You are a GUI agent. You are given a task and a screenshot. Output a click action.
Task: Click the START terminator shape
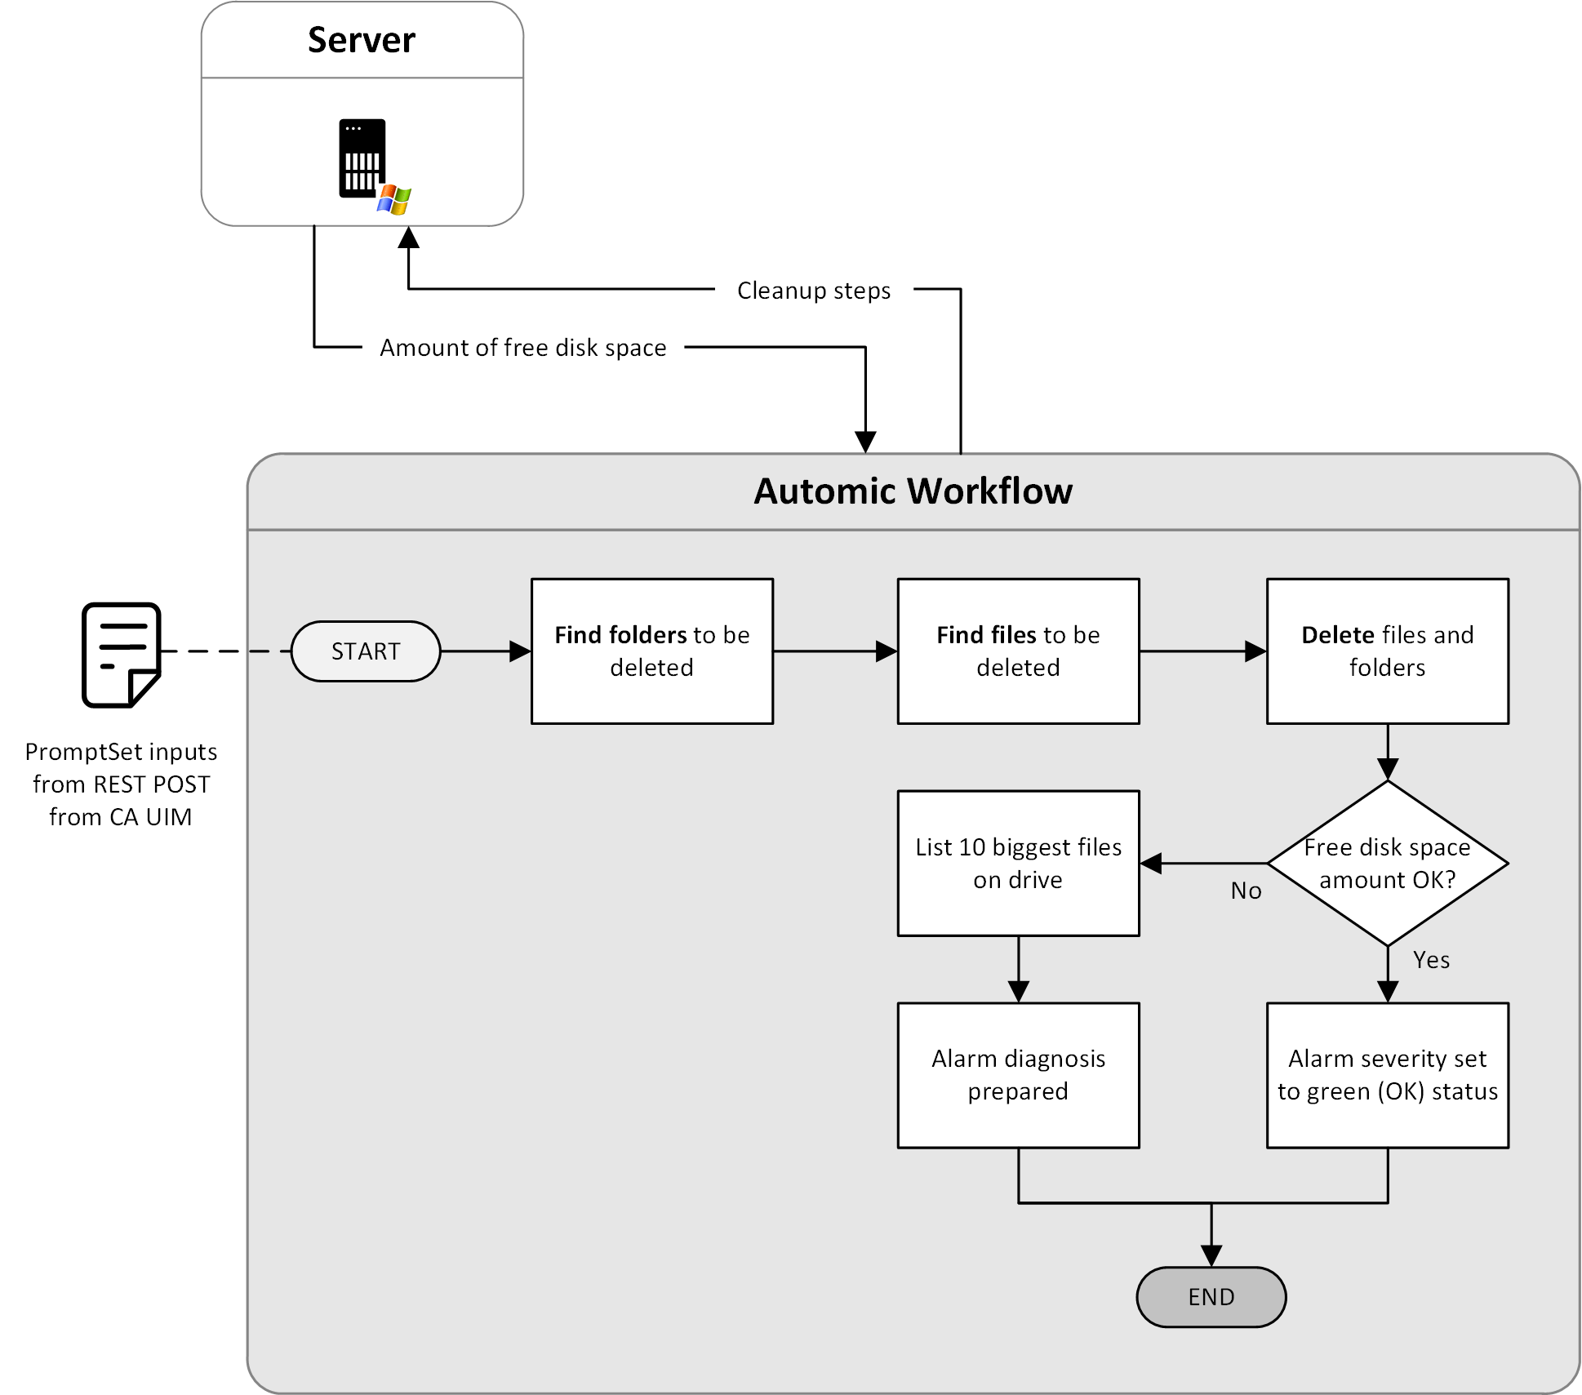(x=366, y=651)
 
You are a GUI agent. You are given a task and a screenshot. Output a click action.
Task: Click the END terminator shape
(x=1211, y=1297)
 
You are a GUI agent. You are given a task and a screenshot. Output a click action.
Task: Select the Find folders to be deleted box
(x=651, y=651)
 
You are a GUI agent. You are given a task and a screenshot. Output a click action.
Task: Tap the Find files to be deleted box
(x=1018, y=651)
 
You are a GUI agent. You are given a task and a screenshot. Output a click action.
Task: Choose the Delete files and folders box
(x=1387, y=651)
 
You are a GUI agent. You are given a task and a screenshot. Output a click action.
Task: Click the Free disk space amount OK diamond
(x=1387, y=864)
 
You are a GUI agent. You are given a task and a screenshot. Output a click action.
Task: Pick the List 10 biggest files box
(x=1018, y=864)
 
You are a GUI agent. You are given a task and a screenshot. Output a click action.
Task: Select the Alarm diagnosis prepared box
(x=1018, y=1075)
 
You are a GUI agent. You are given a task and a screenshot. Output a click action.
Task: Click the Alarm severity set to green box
(x=1387, y=1075)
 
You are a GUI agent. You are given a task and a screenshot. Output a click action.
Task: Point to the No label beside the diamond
(x=1246, y=891)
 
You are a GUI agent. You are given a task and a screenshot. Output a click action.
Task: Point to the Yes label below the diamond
(x=1431, y=960)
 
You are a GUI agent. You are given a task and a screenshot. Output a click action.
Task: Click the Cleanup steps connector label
(x=813, y=291)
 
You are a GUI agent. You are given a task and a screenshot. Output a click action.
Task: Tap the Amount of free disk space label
(x=522, y=348)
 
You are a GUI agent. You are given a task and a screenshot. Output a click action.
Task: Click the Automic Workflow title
(x=913, y=491)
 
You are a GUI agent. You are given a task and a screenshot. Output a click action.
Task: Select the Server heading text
(x=362, y=40)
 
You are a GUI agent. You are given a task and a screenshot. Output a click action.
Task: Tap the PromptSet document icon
(x=121, y=655)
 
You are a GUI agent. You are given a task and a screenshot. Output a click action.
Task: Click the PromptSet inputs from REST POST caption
(x=121, y=784)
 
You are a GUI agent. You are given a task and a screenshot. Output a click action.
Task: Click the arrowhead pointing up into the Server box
(x=408, y=238)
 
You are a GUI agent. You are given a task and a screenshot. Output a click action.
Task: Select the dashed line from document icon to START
(x=225, y=651)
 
